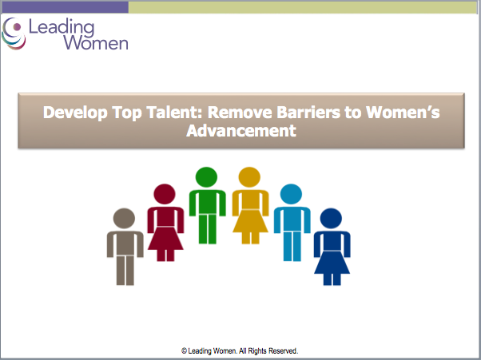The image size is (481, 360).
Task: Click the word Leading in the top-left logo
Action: pyautogui.click(x=62, y=26)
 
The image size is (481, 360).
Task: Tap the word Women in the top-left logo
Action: pyautogui.click(x=96, y=42)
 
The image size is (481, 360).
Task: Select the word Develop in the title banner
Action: pyautogui.click(x=75, y=113)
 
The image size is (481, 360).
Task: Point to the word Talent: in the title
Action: pyautogui.click(x=175, y=112)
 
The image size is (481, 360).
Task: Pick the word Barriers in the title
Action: pyautogui.click(x=308, y=112)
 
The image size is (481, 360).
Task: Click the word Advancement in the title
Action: pyautogui.click(x=241, y=131)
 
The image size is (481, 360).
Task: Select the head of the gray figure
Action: pyautogui.click(x=124, y=219)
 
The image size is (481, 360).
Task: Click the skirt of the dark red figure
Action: pyautogui.click(x=165, y=239)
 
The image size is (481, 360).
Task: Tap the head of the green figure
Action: pyautogui.click(x=206, y=177)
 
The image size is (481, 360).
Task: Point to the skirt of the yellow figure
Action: pyautogui.click(x=250, y=221)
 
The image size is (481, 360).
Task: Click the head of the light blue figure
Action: pyautogui.click(x=291, y=194)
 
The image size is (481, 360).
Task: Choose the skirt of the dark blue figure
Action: pyautogui.click(x=332, y=263)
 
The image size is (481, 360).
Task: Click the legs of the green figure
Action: pyautogui.click(x=208, y=229)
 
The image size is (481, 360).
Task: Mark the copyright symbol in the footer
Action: pyautogui.click(x=184, y=351)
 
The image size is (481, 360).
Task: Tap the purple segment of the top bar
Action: pyautogui.click(x=65, y=7)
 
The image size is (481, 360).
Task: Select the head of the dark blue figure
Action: pyautogui.click(x=331, y=219)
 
